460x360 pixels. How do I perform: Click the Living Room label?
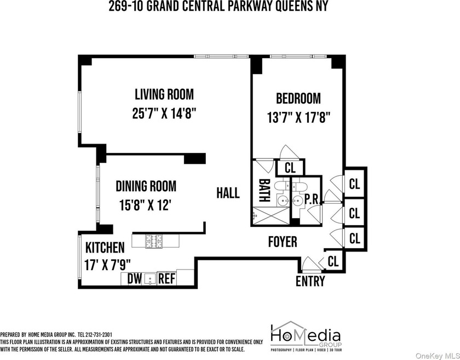pyautogui.click(x=164, y=94)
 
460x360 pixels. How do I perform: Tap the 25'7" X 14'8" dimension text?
pyautogui.click(x=164, y=113)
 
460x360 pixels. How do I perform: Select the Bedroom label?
pyautogui.click(x=298, y=99)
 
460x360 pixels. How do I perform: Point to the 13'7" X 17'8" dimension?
pyautogui.click(x=299, y=117)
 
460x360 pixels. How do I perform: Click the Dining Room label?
pyautogui.click(x=146, y=186)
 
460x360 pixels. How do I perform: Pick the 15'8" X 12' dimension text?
pyautogui.click(x=145, y=205)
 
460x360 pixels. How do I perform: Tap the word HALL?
pyautogui.click(x=228, y=193)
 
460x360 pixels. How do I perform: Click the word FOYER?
pyautogui.click(x=283, y=242)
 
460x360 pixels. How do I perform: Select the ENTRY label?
pyautogui.click(x=310, y=281)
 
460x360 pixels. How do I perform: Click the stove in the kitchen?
pyautogui.click(x=154, y=241)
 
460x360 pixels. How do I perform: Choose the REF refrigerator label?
pyautogui.click(x=166, y=279)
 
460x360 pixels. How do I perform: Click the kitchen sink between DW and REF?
pyautogui.click(x=150, y=279)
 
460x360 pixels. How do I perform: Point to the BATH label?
pyautogui.click(x=264, y=191)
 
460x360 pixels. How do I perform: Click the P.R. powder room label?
pyautogui.click(x=312, y=199)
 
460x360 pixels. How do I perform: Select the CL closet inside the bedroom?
pyautogui.click(x=290, y=168)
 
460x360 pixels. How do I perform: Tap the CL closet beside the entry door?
pyautogui.click(x=333, y=261)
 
